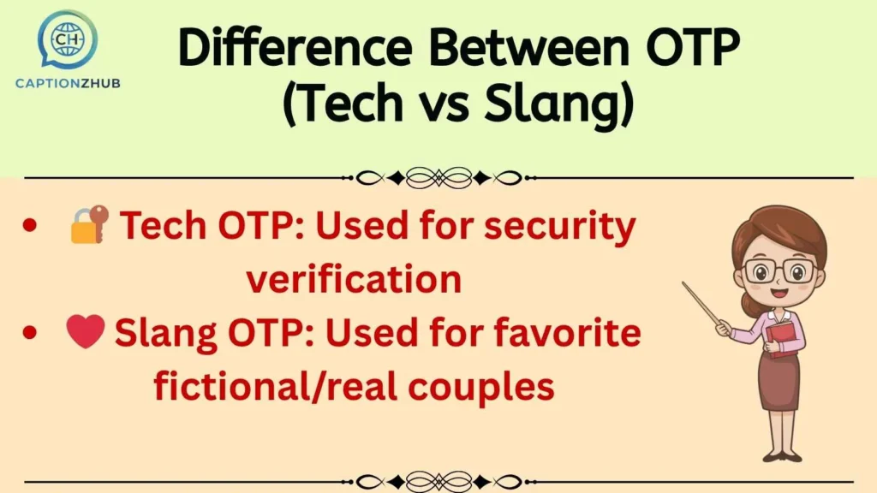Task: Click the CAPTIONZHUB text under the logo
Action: (68, 82)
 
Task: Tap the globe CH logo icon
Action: (68, 39)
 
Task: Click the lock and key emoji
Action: (89, 224)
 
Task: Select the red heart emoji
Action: (86, 331)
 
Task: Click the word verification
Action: (354, 279)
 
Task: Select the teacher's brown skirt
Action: (778, 381)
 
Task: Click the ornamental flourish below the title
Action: (438, 178)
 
